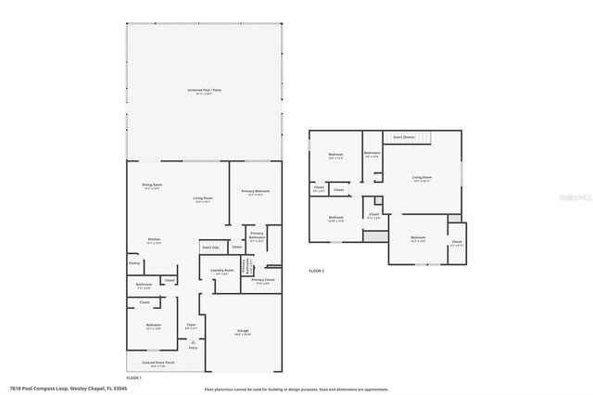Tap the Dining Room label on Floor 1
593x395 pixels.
pyautogui.click(x=151, y=186)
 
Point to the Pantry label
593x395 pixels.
pyautogui.click(x=135, y=263)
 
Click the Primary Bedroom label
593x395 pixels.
pyautogui.click(x=255, y=191)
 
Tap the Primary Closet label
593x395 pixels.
pyautogui.click(x=261, y=279)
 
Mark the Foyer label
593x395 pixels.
pyautogui.click(x=192, y=326)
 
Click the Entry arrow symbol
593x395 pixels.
pyautogui.click(x=193, y=342)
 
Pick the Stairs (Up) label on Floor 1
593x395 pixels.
pyautogui.click(x=210, y=248)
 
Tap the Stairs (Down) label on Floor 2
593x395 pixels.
pyautogui.click(x=405, y=136)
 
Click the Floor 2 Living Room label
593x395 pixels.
pyautogui.click(x=423, y=176)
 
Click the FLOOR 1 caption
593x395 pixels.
pyautogui.click(x=134, y=377)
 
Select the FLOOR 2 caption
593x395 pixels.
pyautogui.click(x=317, y=270)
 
